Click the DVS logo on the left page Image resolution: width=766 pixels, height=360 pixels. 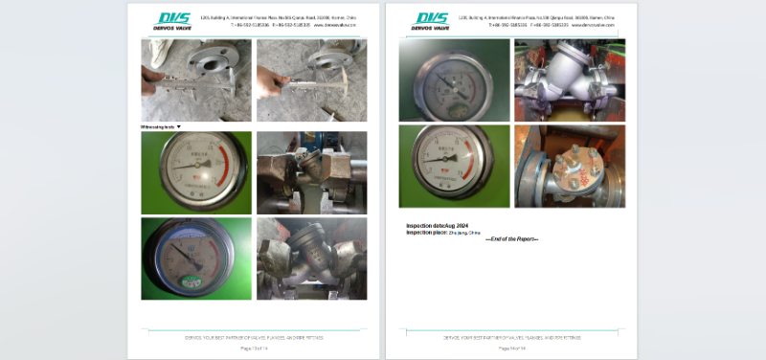pyautogui.click(x=174, y=20)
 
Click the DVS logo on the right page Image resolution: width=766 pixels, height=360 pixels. pyautogui.click(x=431, y=20)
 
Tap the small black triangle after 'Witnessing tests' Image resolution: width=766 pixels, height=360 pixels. pyautogui.click(x=179, y=127)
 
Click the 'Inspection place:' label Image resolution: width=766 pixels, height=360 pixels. pyautogui.click(x=421, y=233)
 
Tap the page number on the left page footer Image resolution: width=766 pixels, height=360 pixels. pyautogui.click(x=253, y=348)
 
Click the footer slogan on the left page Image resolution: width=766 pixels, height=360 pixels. pyautogui.click(x=253, y=337)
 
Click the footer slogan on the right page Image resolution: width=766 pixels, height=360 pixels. pyautogui.click(x=510, y=337)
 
